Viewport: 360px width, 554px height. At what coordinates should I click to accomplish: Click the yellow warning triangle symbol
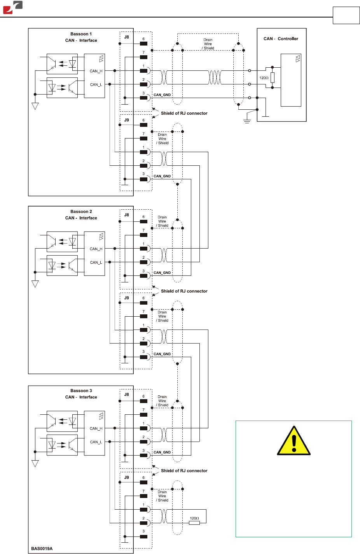(294, 442)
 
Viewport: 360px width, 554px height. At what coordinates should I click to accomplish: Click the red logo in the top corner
(13, 7)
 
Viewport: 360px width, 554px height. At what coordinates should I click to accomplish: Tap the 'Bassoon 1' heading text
(81, 34)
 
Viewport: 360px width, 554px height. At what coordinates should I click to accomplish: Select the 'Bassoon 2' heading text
(81, 212)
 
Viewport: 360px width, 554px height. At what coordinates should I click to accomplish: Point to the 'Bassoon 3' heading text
(81, 391)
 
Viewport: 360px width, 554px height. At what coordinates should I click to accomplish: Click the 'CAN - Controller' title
(281, 39)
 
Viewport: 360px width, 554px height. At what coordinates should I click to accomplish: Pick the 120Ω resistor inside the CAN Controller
(273, 77)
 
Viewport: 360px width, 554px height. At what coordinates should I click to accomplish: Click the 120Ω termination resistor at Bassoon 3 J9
(194, 522)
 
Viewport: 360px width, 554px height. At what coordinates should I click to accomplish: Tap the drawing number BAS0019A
(42, 549)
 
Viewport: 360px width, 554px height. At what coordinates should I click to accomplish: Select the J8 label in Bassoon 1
(127, 37)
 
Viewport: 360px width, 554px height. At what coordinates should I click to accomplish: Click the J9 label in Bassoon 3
(127, 477)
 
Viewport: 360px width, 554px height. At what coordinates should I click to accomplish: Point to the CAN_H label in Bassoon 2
(96, 249)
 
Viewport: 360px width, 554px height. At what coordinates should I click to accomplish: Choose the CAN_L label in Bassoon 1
(96, 84)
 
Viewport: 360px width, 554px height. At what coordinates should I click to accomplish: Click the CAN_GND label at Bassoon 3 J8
(162, 452)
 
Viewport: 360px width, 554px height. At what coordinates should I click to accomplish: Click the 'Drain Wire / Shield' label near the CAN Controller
(208, 44)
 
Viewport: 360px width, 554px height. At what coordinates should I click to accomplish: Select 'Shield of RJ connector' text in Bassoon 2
(184, 291)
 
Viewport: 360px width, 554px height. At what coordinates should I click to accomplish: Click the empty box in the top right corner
(346, 16)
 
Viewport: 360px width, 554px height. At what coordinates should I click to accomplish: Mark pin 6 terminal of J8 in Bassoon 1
(143, 44)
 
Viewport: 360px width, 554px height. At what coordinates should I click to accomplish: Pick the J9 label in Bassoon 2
(127, 298)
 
